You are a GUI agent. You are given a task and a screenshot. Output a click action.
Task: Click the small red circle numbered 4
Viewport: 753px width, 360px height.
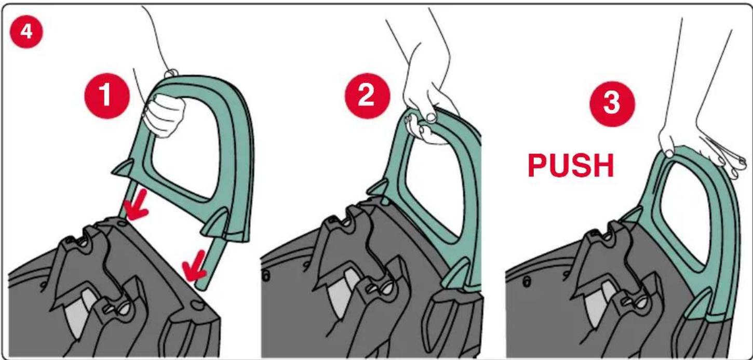pos(26,32)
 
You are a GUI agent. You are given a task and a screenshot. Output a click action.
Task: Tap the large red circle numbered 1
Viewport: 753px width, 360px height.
pos(107,96)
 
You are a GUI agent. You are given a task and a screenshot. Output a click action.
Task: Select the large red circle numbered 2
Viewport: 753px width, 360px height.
pos(368,96)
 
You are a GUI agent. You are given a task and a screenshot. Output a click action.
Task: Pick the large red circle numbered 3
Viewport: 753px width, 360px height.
pos(612,104)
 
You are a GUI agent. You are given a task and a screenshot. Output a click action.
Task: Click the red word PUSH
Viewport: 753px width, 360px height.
pos(571,166)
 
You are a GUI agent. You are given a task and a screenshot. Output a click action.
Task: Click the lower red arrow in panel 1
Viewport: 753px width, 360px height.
pos(194,266)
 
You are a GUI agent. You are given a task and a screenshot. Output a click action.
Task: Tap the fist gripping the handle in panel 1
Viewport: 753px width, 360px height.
pos(164,116)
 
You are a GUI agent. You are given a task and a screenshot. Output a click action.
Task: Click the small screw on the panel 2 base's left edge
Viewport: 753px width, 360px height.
pos(266,276)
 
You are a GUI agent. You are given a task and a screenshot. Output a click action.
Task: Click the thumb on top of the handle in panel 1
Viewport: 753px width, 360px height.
pos(171,73)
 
